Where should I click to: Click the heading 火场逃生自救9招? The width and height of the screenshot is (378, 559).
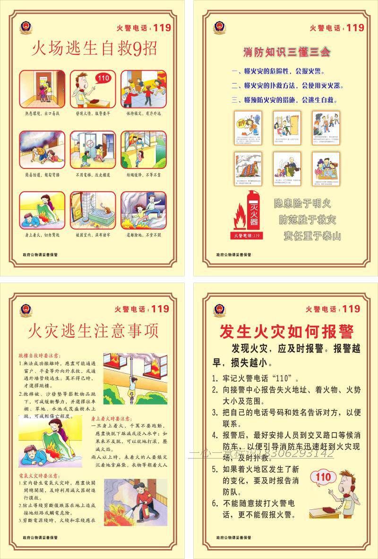pos(94,48)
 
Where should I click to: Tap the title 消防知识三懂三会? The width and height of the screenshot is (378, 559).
pos(286,52)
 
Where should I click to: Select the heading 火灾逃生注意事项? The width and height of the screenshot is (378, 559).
pos(94,331)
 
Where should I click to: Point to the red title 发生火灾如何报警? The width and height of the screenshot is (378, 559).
pos(286,332)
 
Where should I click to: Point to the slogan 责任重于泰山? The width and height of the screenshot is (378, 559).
pos(312,236)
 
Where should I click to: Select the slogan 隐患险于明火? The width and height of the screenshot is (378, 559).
pos(302,204)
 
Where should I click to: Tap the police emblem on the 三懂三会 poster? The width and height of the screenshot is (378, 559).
pos(219,26)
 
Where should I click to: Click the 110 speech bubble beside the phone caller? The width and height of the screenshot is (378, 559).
pos(323,477)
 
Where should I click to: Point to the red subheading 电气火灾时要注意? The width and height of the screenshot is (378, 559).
pos(39,476)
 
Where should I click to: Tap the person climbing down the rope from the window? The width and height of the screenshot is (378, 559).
pos(133,384)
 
